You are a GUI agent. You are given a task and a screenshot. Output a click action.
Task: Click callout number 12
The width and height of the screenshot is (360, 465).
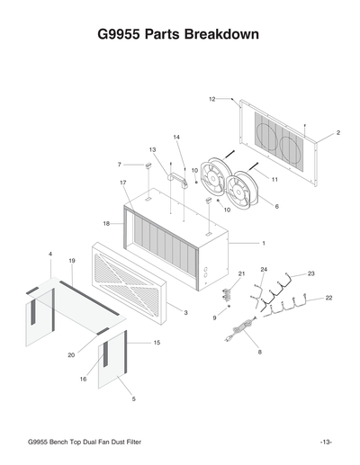click(212, 98)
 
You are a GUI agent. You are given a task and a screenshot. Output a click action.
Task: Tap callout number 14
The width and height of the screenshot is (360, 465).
click(177, 137)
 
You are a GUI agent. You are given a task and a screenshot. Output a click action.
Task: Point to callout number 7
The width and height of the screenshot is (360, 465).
click(119, 165)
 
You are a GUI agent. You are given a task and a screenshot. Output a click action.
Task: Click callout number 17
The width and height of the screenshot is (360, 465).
click(123, 183)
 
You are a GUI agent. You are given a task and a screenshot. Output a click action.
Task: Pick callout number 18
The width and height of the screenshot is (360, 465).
click(106, 223)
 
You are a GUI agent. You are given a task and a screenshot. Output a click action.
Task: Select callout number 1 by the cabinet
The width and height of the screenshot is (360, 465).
click(264, 243)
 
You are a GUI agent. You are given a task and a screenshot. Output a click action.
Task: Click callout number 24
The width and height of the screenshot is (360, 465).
click(264, 269)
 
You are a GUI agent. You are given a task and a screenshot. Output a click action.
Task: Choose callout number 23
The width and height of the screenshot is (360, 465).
click(311, 273)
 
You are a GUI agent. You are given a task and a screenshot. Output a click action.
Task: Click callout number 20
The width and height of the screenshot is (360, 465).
click(71, 355)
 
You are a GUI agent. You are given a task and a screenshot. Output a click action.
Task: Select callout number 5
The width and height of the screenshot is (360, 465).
click(134, 398)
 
